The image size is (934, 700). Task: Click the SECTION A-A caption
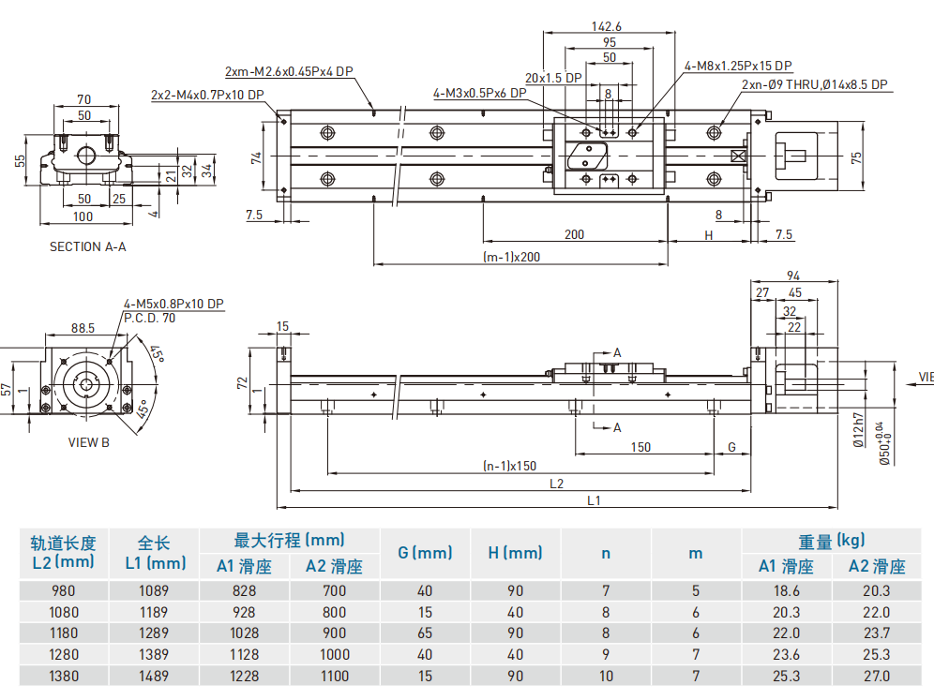(87, 247)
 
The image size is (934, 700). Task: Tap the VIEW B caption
(89, 441)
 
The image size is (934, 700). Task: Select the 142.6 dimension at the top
(608, 26)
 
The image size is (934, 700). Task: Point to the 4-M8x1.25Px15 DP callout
(738, 66)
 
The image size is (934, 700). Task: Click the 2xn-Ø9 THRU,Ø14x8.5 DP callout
(814, 84)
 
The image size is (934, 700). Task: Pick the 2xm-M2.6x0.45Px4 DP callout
(289, 71)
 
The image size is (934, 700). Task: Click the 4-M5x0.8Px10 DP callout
(173, 305)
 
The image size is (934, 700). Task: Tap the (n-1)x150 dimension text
(509, 465)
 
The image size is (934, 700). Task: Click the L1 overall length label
(594, 500)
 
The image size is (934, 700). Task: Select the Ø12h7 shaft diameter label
(858, 430)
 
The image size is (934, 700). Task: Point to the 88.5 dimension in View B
(83, 328)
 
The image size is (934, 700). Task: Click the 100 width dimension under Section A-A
(83, 216)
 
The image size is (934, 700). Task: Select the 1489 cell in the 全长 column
(155, 676)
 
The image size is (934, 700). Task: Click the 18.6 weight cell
(786, 591)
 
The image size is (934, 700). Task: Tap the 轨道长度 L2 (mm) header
(64, 552)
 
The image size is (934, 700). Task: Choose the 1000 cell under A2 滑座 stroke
(335, 654)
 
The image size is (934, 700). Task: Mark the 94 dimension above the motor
(792, 276)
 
